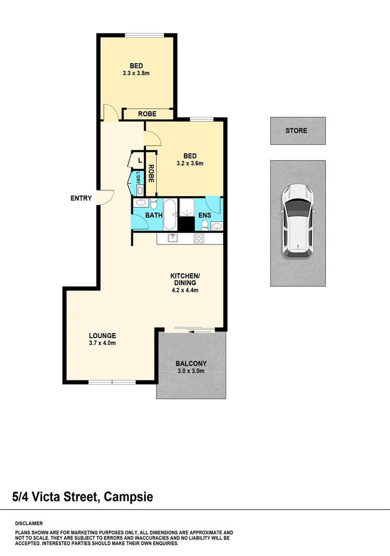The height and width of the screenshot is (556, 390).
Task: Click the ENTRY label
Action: (81, 198)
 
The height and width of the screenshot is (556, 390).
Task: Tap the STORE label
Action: (296, 131)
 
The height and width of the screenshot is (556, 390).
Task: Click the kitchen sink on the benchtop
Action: (173, 238)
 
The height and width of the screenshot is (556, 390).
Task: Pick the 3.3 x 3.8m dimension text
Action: (136, 73)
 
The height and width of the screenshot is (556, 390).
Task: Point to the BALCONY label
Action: (191, 362)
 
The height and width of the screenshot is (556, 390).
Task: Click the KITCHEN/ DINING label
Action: (184, 279)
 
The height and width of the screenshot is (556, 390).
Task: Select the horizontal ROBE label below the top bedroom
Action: (147, 114)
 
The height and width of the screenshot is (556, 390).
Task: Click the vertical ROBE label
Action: (151, 173)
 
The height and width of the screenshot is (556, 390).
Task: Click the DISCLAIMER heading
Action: (29, 523)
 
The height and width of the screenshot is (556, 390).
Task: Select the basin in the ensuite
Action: (216, 225)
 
